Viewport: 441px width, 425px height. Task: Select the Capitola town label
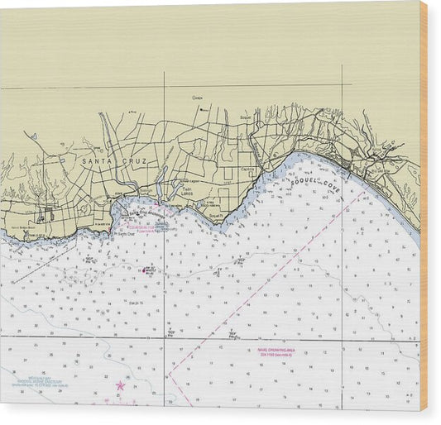[247, 170]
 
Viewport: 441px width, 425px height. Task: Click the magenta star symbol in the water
[120, 385]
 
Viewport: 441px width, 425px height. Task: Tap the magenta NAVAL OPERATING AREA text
[276, 351]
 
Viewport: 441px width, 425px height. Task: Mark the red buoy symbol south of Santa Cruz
[148, 270]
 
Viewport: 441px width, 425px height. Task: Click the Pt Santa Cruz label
[123, 233]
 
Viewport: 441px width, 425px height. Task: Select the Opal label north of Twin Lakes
[197, 98]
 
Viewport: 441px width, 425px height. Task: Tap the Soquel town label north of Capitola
[245, 118]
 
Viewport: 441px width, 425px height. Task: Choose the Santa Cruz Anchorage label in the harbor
[135, 212]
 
